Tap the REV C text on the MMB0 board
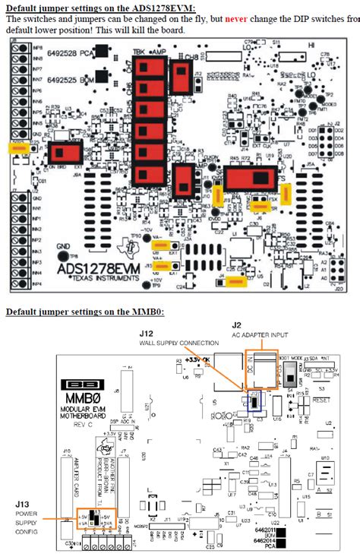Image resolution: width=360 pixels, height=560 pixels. [x=80, y=425]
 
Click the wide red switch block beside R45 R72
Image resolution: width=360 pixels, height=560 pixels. [x=250, y=180]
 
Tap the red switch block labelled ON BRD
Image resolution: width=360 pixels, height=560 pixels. [x=65, y=153]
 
